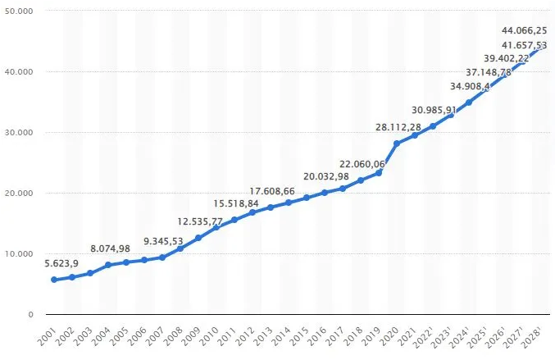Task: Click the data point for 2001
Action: [54, 280]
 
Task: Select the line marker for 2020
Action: [397, 144]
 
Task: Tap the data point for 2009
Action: [198, 238]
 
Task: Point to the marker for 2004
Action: [108, 265]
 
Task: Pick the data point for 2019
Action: [379, 172]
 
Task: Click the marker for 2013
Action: [271, 207]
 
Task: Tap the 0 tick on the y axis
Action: [30, 315]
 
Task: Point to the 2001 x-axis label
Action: [48, 335]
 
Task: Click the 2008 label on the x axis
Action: [175, 335]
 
